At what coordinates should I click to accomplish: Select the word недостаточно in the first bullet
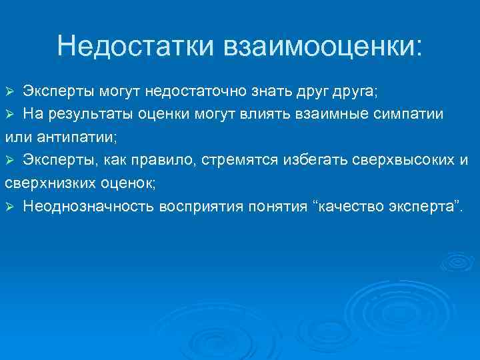pos(213,91)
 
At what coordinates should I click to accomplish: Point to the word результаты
pos(91,114)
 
